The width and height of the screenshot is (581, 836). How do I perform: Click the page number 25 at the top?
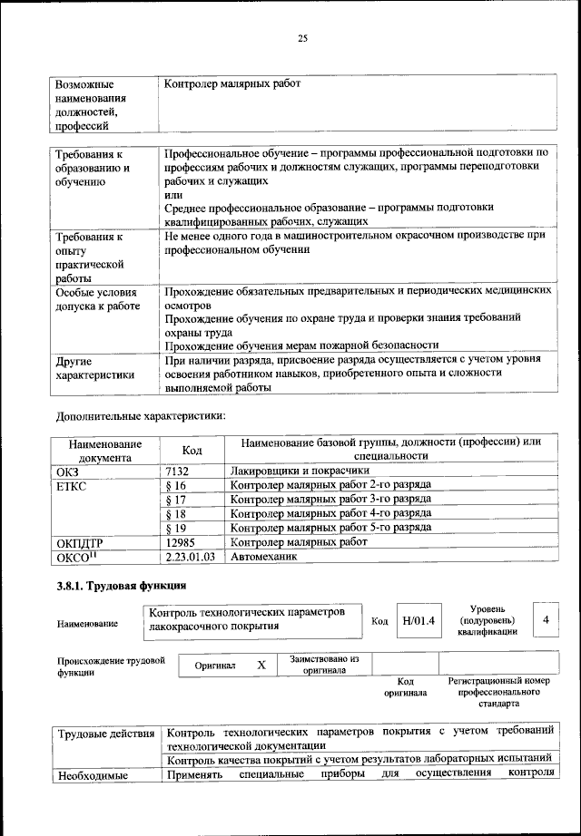(x=303, y=37)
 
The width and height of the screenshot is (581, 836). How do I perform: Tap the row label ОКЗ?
(x=70, y=471)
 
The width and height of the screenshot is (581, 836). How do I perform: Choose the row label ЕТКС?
(x=74, y=486)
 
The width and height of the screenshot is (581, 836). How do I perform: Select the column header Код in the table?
(x=192, y=450)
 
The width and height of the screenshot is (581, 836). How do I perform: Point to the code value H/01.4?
(x=419, y=620)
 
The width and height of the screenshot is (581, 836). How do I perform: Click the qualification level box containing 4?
(x=545, y=618)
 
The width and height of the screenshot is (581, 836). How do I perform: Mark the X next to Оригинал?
(x=261, y=665)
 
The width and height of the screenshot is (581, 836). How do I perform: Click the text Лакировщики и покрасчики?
(x=300, y=471)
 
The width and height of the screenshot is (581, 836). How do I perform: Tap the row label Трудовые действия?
(x=105, y=732)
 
